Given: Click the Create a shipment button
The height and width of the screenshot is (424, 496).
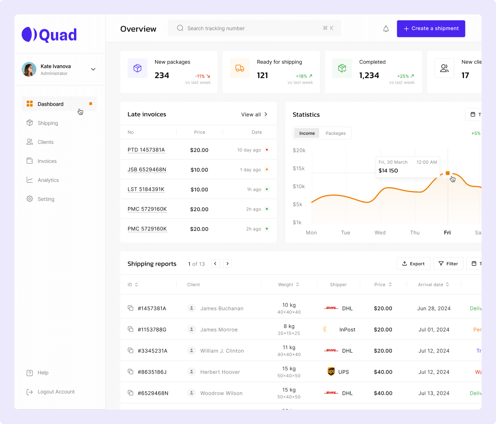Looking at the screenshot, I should [x=431, y=28].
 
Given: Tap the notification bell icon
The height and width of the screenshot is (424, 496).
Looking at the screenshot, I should [x=386, y=29].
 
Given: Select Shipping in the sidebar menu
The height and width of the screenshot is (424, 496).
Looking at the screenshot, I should [x=48, y=123].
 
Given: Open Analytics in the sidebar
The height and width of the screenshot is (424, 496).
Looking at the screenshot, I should [x=48, y=180].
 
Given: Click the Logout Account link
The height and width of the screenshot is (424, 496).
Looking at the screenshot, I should [x=56, y=392].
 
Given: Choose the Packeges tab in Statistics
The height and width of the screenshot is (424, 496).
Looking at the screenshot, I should [x=335, y=133].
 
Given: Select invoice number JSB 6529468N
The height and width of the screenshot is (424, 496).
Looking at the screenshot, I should [x=147, y=170].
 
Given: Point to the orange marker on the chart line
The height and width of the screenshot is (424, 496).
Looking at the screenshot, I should [x=448, y=173].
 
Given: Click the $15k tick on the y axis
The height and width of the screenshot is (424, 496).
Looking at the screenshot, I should [x=299, y=168].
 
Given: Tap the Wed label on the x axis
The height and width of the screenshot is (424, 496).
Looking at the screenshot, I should [x=380, y=233].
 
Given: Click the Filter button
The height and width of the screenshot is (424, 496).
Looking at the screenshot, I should [x=448, y=264].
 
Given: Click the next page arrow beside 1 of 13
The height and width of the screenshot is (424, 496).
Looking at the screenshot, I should [x=227, y=264].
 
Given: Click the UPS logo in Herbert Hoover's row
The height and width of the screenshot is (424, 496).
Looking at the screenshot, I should [x=331, y=372].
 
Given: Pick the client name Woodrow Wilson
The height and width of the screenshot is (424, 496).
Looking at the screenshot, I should [x=221, y=393].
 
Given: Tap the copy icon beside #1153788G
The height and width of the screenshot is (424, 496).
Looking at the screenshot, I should [x=130, y=329].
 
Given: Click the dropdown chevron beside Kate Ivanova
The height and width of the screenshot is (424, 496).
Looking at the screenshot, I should [x=93, y=69].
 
